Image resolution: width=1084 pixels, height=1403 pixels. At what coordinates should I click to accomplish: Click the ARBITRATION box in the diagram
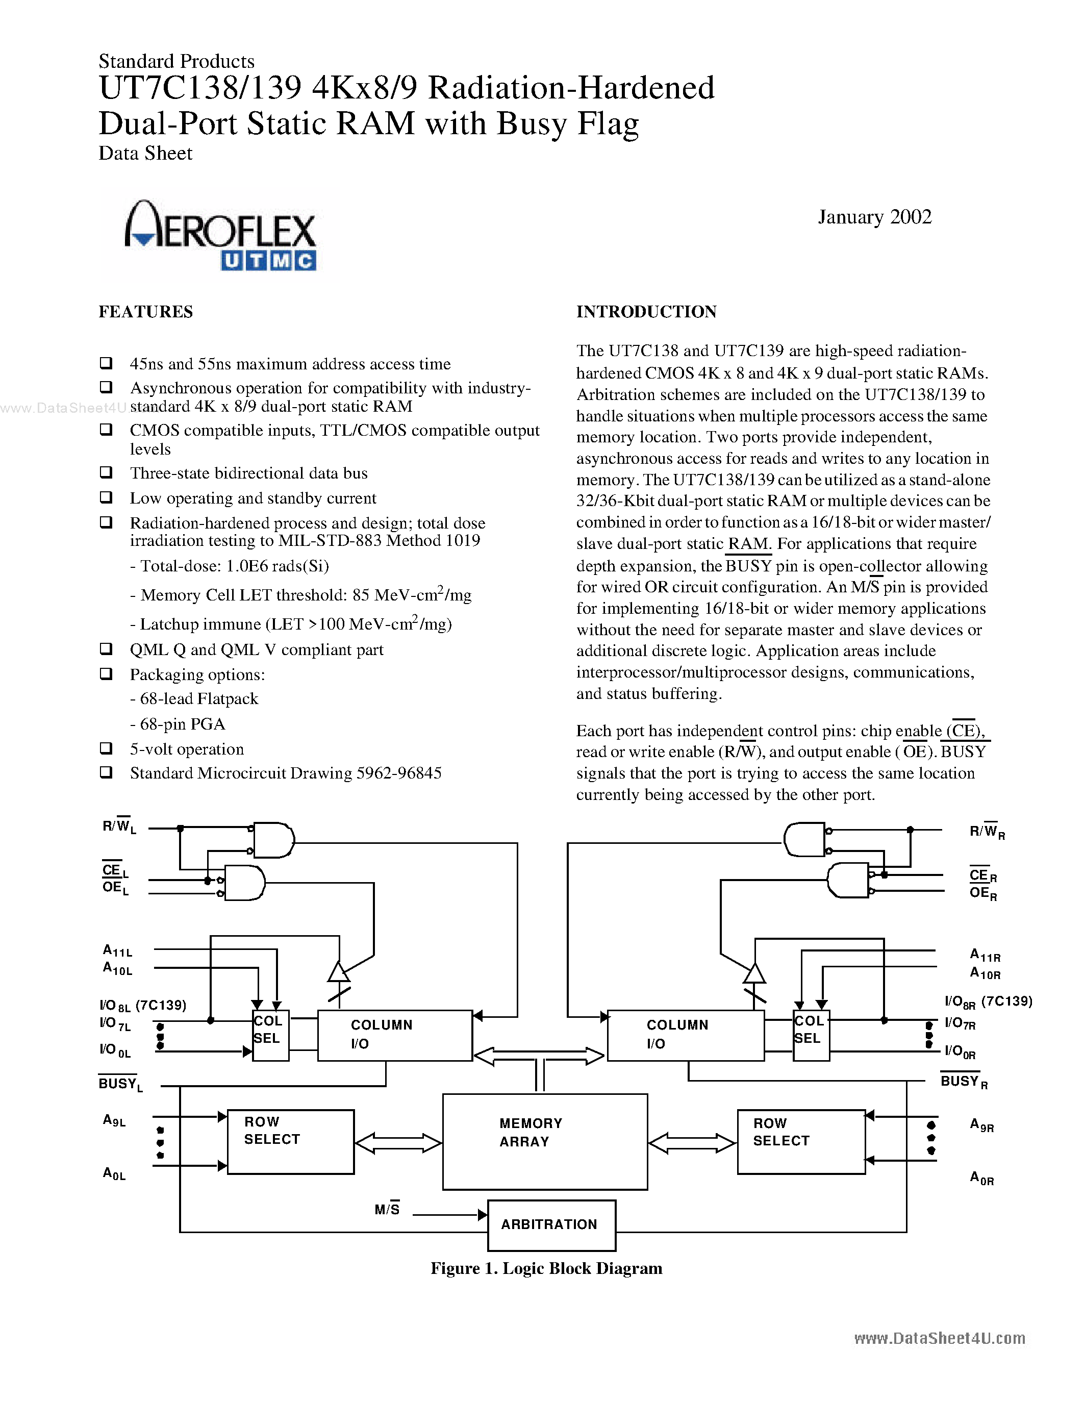(551, 1225)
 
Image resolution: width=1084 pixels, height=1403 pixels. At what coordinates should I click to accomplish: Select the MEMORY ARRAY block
(545, 1141)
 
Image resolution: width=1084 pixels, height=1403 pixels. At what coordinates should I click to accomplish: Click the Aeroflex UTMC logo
(220, 235)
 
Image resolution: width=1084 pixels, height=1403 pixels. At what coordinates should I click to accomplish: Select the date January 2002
(874, 217)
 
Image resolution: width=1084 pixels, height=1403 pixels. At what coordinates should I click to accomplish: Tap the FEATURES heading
(146, 312)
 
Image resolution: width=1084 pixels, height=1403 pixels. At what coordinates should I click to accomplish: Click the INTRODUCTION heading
(646, 312)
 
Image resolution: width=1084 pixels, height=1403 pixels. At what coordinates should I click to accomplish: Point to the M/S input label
(387, 1210)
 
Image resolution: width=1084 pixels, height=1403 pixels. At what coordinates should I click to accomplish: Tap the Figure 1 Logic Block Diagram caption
(546, 1268)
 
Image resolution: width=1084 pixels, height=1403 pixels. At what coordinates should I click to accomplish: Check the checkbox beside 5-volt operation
(106, 748)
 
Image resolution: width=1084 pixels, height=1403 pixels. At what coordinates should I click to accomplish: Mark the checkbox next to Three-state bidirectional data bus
(106, 472)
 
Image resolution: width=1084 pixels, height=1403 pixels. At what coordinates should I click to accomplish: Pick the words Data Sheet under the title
(145, 154)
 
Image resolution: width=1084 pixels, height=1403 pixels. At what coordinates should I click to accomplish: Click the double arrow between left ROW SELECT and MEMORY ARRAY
(398, 1143)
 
